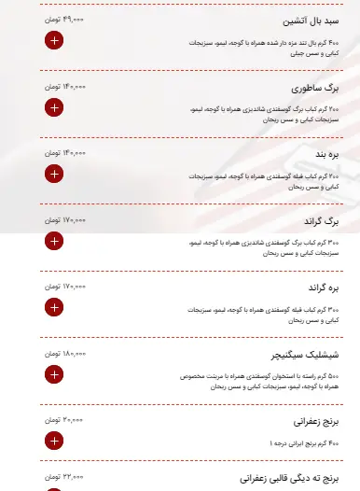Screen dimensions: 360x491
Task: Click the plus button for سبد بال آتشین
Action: click(x=53, y=40)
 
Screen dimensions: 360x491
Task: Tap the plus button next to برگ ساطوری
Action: click(x=53, y=106)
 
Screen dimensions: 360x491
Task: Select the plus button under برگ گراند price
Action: click(x=53, y=241)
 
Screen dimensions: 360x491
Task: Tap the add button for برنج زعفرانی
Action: click(x=53, y=441)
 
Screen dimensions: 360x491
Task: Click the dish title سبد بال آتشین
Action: click(x=309, y=21)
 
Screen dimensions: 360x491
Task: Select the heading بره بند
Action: click(x=320, y=154)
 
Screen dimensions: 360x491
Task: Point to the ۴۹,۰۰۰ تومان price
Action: click(x=64, y=18)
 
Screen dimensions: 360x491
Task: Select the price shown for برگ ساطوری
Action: click(x=64, y=85)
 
